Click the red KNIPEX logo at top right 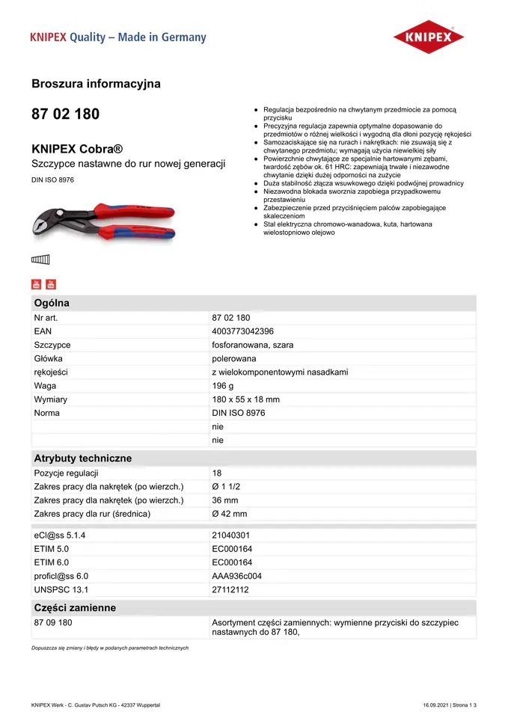(429, 37)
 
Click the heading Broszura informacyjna (96, 84)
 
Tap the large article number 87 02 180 (65, 114)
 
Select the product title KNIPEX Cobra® (77, 148)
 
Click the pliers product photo (104, 222)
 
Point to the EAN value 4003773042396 (242, 331)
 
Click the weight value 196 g (223, 386)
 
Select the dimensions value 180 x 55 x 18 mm (245, 399)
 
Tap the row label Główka (49, 358)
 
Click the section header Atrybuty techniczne (82, 458)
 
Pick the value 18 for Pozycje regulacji (217, 473)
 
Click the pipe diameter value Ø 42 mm (229, 514)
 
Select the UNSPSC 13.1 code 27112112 (230, 589)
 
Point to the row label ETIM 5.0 (52, 549)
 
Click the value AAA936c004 (236, 576)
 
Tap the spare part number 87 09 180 (53, 622)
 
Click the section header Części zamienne (75, 607)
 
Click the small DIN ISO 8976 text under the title (52, 179)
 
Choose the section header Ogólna (52, 303)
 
